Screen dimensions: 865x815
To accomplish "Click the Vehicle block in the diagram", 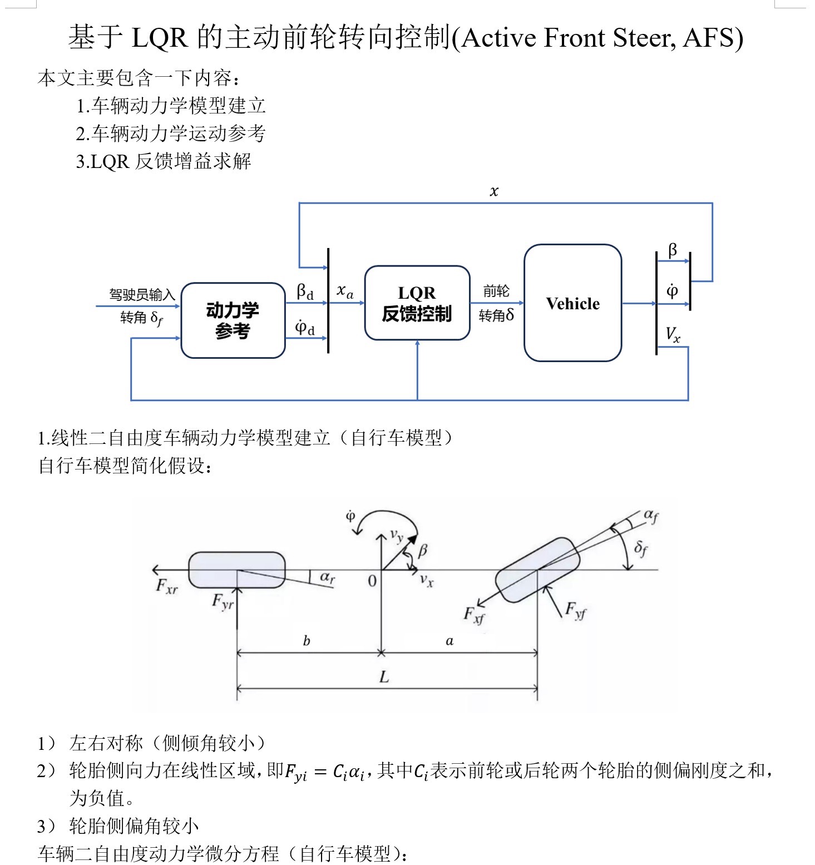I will pyautogui.click(x=572, y=303).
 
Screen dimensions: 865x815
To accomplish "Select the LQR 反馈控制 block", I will pyautogui.click(x=417, y=303).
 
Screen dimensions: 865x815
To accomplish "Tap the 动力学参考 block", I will pyautogui.click(x=233, y=320).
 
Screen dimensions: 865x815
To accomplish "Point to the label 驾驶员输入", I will pyautogui.click(x=142, y=294).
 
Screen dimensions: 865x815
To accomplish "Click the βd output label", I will pyautogui.click(x=305, y=291).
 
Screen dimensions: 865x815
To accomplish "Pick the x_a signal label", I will pyautogui.click(x=345, y=291).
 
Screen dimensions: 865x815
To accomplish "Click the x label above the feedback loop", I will pyautogui.click(x=494, y=191).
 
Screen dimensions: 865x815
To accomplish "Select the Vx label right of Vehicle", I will pyautogui.click(x=673, y=334).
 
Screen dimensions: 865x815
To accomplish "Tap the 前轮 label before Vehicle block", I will pyautogui.click(x=496, y=291).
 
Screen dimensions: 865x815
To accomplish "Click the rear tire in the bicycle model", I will pyautogui.click(x=237, y=570).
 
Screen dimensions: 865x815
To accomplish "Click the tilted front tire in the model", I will pyautogui.click(x=537, y=570).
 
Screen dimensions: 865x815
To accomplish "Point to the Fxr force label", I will pyautogui.click(x=166, y=586).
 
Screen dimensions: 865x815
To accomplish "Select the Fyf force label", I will pyautogui.click(x=575, y=610).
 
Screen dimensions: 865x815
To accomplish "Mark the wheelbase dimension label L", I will pyautogui.click(x=384, y=677).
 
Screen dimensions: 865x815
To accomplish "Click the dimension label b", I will pyautogui.click(x=307, y=641).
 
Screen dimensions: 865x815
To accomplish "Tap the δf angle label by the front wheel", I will pyautogui.click(x=641, y=548).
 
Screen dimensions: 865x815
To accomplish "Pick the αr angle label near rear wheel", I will pyautogui.click(x=328, y=577).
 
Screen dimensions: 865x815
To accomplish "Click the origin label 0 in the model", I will pyautogui.click(x=372, y=581).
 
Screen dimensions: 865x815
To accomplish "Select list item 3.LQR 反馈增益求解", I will pyautogui.click(x=164, y=161).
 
